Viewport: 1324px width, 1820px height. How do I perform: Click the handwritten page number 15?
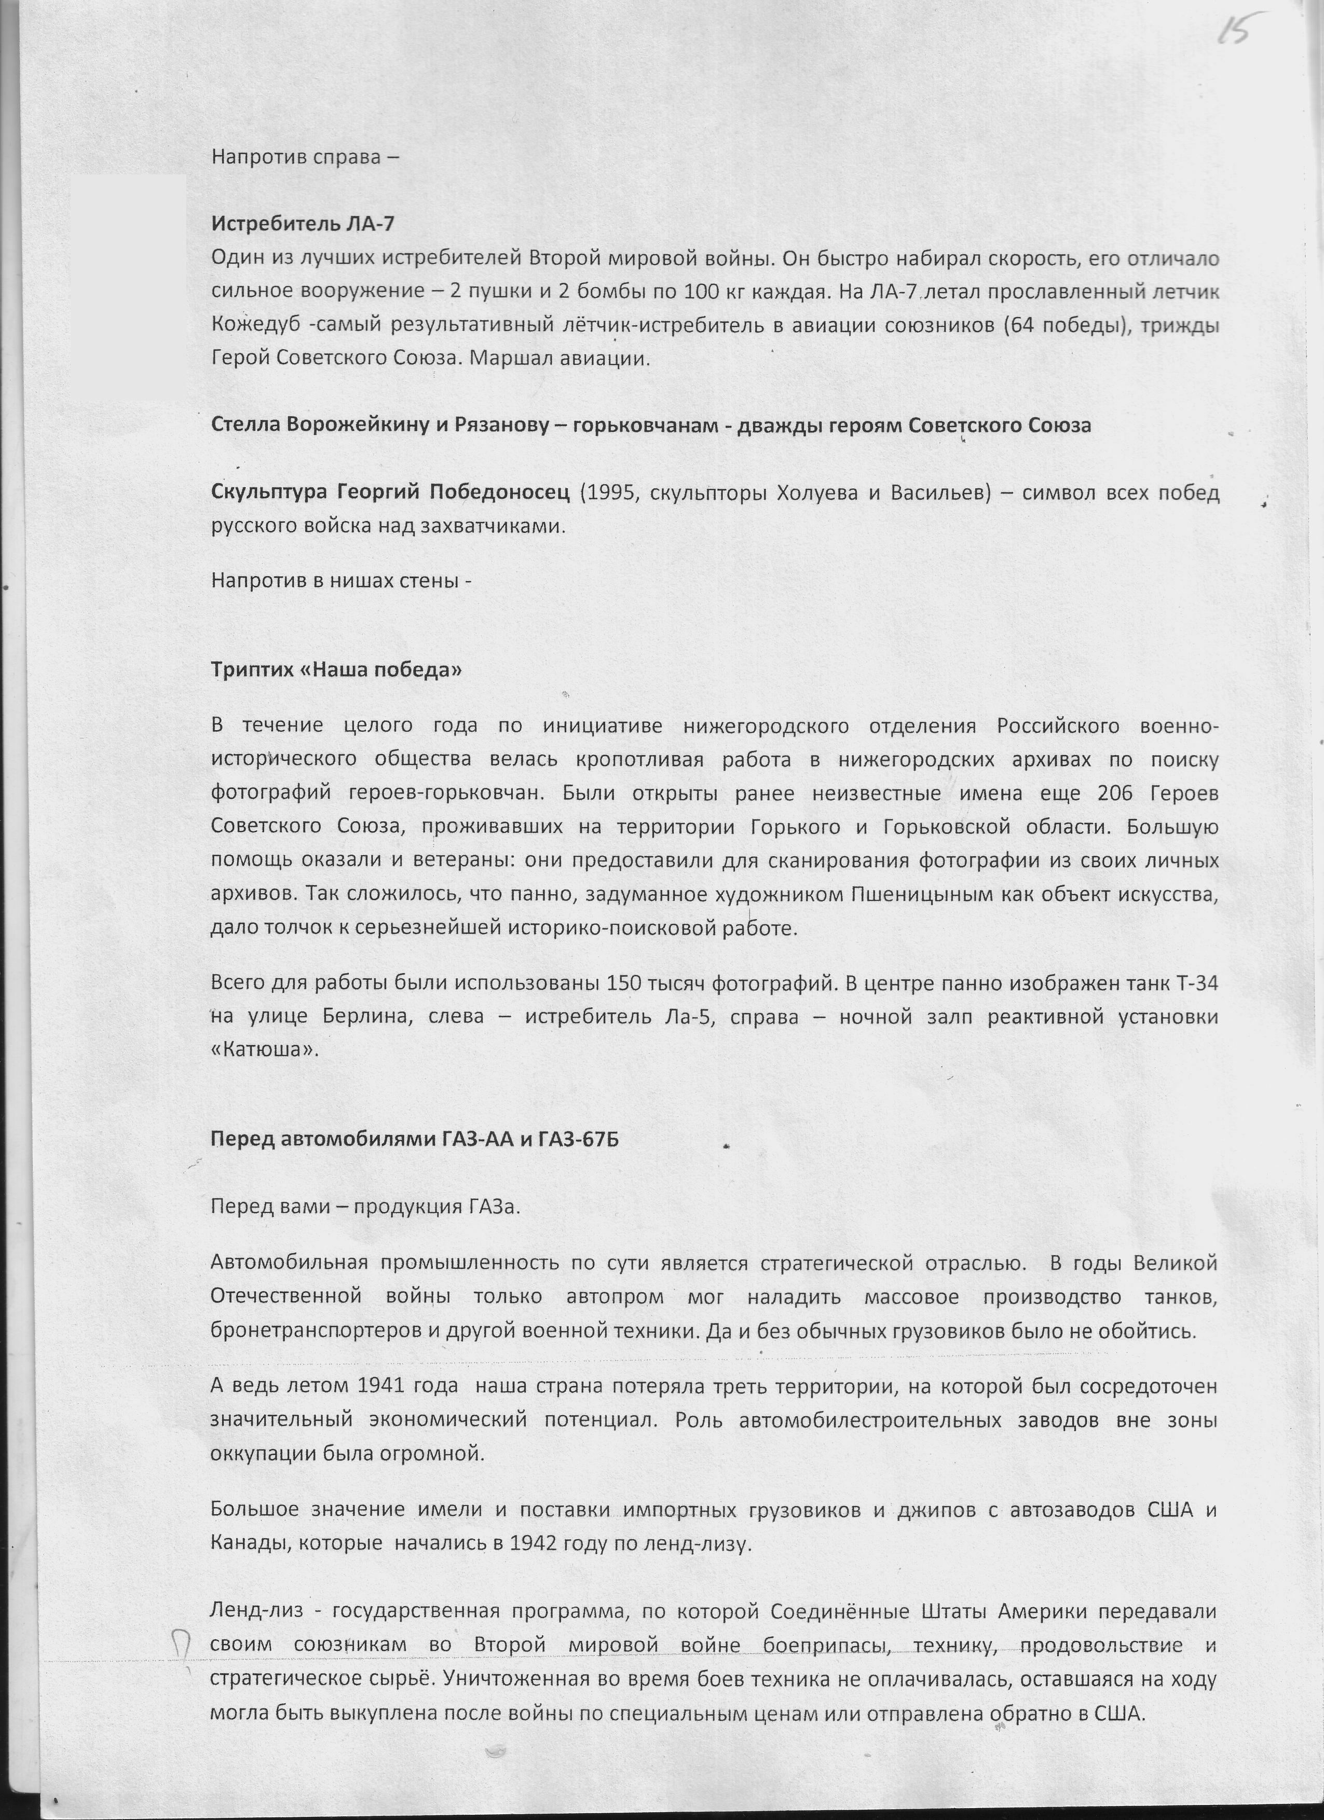1240,33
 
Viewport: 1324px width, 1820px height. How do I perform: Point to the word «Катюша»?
264,1050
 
